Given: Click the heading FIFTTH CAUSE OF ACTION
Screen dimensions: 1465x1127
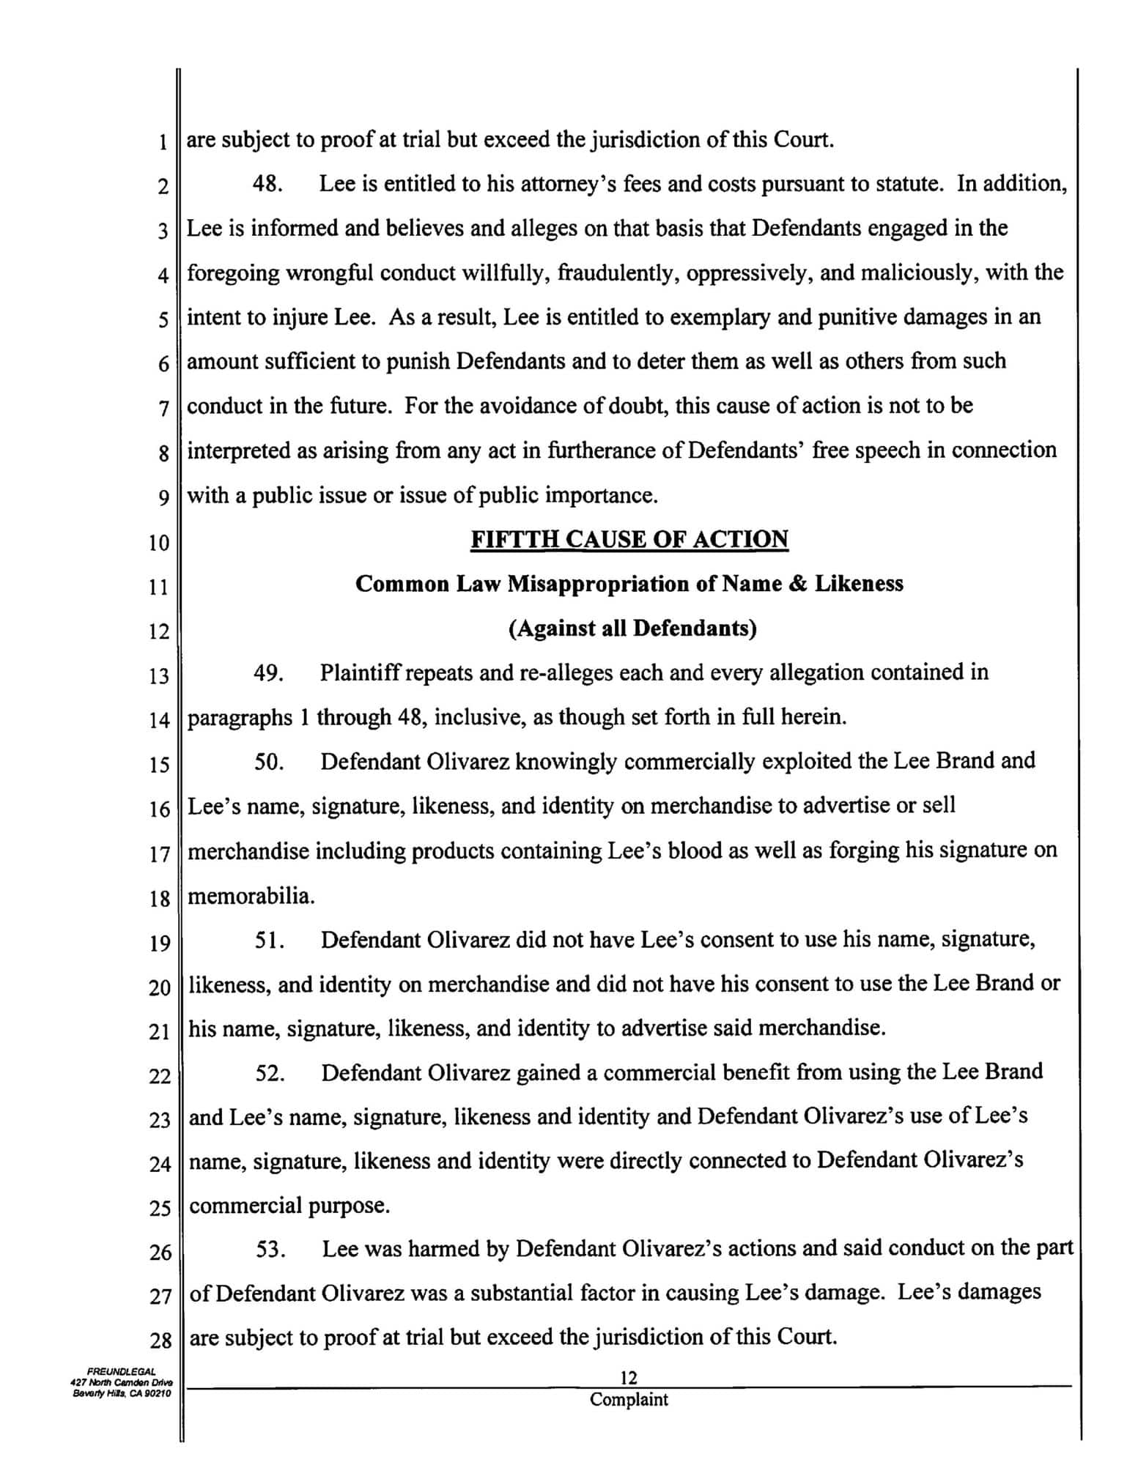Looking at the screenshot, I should tap(629, 540).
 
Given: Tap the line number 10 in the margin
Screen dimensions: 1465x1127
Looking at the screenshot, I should tap(158, 543).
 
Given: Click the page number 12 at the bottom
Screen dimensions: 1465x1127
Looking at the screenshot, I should tap(629, 1378).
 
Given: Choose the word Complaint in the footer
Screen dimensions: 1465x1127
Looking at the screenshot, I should tap(629, 1400).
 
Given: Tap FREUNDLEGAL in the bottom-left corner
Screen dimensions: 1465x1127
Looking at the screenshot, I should tap(122, 1371).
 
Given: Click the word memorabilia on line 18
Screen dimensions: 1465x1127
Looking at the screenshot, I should tap(251, 896).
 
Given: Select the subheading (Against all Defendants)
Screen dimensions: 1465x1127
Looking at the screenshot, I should tap(632, 628).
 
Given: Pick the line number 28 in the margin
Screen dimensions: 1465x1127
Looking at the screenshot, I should tap(160, 1341).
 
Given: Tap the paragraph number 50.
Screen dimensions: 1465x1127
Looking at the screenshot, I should tap(269, 762).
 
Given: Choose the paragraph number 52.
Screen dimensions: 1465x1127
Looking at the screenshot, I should tap(270, 1073).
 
